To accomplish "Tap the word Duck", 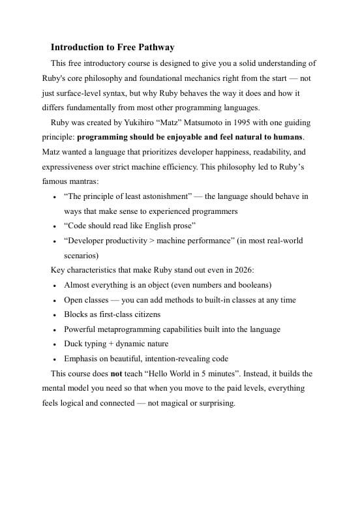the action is point(74,344).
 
